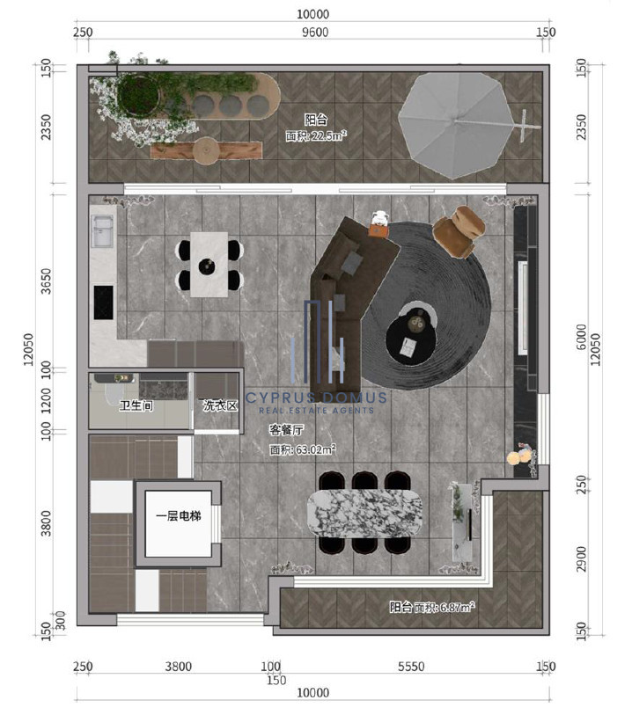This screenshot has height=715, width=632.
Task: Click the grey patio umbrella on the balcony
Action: coord(455,125)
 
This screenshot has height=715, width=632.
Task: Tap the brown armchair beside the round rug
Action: coord(459,231)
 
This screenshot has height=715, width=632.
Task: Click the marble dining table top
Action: coord(364,513)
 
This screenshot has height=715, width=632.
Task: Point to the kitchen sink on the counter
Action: coord(103,231)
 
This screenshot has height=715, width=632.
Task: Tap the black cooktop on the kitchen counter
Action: coord(104,303)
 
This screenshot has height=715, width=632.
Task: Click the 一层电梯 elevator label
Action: coord(179,515)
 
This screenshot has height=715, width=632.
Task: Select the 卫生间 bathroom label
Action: coord(136,405)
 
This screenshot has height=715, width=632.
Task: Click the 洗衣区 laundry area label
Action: coord(220,405)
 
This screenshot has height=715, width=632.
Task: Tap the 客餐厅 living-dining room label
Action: coord(286,429)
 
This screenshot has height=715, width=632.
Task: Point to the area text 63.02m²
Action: coord(316,449)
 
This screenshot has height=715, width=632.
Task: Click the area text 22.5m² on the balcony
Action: coord(329,135)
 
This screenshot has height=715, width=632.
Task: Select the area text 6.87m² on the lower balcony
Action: coord(457,607)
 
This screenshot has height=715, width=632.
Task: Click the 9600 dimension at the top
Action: coord(315,32)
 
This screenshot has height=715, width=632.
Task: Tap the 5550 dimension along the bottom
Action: coord(411,667)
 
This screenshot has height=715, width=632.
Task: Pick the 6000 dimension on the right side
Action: coord(581,337)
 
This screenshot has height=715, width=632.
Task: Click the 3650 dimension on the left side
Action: coord(46,281)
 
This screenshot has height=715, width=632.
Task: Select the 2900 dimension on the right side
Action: coord(581,559)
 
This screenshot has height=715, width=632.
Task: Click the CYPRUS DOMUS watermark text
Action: coord(316,398)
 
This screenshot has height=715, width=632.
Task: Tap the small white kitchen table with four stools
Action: coord(209,265)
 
